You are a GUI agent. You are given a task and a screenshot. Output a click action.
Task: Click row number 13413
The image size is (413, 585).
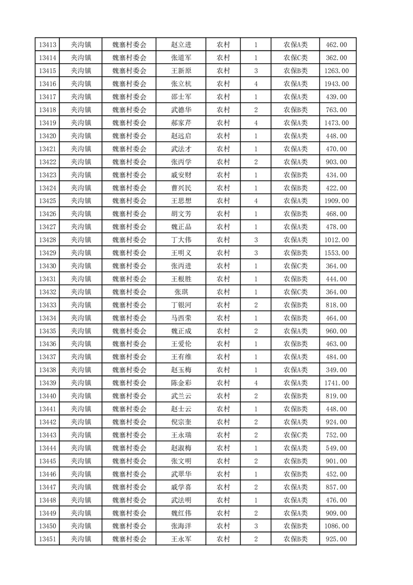(x=47, y=45)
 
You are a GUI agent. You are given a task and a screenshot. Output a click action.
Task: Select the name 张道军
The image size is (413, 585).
(x=181, y=58)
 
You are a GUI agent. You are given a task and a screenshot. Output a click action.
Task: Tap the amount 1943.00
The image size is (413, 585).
(x=336, y=84)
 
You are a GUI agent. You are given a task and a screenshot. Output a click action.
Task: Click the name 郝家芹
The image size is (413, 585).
(x=181, y=123)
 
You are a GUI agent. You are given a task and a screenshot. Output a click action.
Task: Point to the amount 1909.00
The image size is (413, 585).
(x=336, y=201)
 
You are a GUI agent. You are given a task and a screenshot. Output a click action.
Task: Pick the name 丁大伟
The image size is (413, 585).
(x=181, y=240)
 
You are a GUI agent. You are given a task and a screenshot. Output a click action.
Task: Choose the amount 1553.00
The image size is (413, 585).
(x=336, y=253)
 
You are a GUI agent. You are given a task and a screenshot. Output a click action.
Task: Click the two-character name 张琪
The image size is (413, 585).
(x=181, y=292)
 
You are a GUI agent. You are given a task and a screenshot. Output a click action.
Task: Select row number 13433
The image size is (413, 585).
(x=47, y=305)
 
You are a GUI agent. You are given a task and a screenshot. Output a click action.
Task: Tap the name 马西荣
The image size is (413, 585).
(x=181, y=318)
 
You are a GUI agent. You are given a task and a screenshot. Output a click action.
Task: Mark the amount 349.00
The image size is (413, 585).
(x=336, y=370)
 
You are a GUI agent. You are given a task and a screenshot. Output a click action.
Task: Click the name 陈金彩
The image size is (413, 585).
(x=181, y=383)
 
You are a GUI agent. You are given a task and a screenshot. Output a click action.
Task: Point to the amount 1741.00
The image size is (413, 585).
(x=336, y=383)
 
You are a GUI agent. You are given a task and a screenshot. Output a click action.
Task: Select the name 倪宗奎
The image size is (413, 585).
(x=181, y=422)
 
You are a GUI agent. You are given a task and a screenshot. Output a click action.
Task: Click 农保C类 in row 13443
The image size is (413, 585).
(x=295, y=435)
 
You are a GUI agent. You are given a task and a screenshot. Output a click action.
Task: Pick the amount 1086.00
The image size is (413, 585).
(x=336, y=526)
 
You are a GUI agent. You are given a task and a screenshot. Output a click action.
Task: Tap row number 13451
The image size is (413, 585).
(x=47, y=539)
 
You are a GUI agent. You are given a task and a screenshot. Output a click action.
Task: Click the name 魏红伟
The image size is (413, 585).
(x=181, y=513)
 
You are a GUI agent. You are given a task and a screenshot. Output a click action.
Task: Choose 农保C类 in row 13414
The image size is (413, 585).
(x=295, y=58)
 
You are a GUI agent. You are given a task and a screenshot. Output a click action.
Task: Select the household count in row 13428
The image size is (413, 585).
(x=256, y=240)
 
